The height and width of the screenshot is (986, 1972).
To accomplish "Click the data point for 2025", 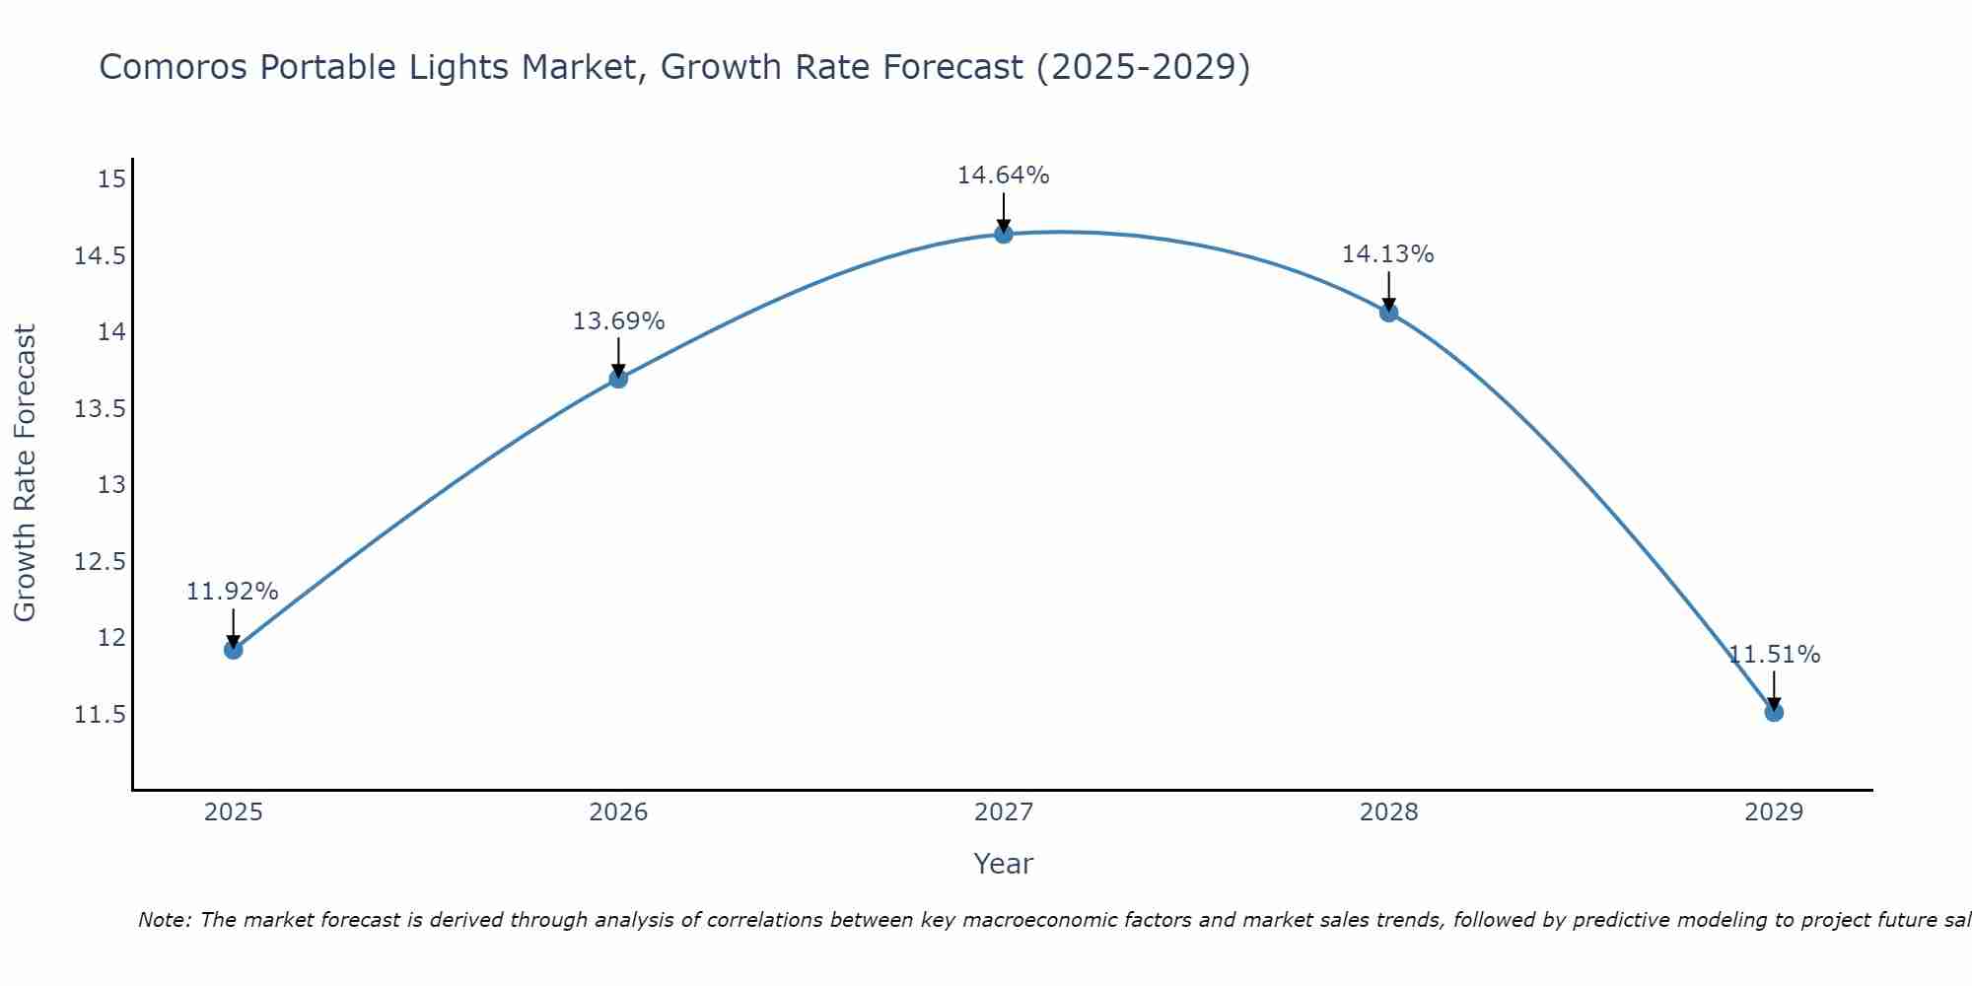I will [234, 650].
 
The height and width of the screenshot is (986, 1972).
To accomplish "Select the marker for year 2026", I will [618, 379].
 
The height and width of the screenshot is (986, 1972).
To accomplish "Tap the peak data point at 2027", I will [1004, 234].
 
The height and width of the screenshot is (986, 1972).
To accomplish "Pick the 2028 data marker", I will [1388, 313].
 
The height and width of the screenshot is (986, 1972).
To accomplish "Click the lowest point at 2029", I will [1774, 712].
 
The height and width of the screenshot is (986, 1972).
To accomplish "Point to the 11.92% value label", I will [233, 592].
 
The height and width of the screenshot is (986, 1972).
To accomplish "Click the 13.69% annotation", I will [618, 321].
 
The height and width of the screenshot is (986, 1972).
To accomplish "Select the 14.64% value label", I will [1003, 176].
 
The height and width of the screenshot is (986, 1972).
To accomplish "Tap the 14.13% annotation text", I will [1387, 254].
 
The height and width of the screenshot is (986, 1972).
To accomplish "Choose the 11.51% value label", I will [1774, 655].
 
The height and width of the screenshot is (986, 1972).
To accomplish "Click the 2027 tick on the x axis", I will [1004, 812].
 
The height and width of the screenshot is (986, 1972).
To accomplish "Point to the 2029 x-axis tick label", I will [1774, 812].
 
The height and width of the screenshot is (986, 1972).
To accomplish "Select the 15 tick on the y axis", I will [112, 179].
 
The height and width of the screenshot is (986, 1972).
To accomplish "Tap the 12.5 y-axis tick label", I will [100, 562].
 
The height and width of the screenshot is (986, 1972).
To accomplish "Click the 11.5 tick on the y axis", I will [100, 715].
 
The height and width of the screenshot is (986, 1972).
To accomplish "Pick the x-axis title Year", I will [1003, 864].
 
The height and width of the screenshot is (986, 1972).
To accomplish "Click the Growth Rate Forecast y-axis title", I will [26, 472].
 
